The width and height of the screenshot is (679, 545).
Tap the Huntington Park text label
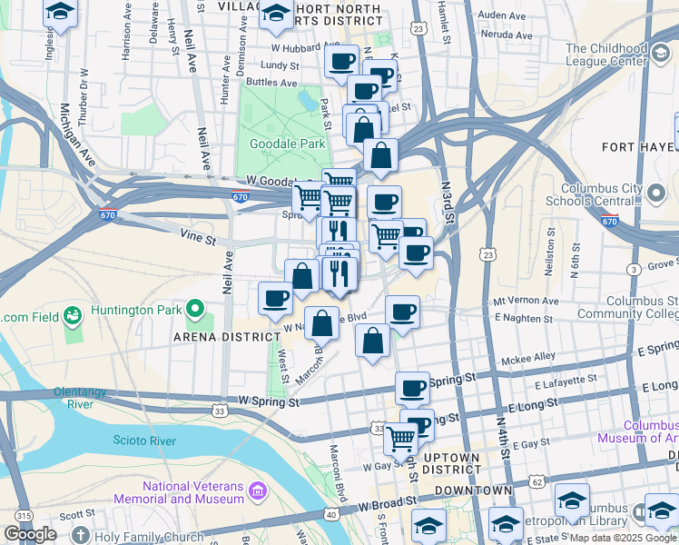(132, 310)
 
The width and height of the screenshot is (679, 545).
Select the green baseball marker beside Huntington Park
(72, 315)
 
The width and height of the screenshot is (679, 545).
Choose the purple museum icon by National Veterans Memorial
(259, 492)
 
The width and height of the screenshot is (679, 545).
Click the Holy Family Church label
(147, 536)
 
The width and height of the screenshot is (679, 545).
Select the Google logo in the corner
(31, 534)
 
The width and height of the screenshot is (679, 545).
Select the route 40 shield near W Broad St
(331, 515)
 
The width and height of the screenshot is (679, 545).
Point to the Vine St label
(197, 240)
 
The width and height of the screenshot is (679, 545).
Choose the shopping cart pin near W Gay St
(399, 440)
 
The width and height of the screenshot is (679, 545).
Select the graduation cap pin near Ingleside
(60, 13)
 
